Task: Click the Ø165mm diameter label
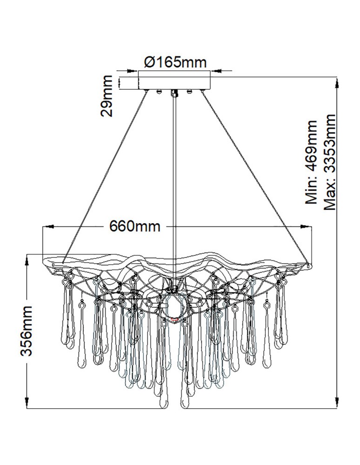(175, 62)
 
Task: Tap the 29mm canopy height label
(107, 96)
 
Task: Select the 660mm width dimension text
(135, 226)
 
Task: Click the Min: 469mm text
(312, 162)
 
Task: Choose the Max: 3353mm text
(329, 162)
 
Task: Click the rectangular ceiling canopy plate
(174, 80)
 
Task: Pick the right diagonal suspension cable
(255, 177)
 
